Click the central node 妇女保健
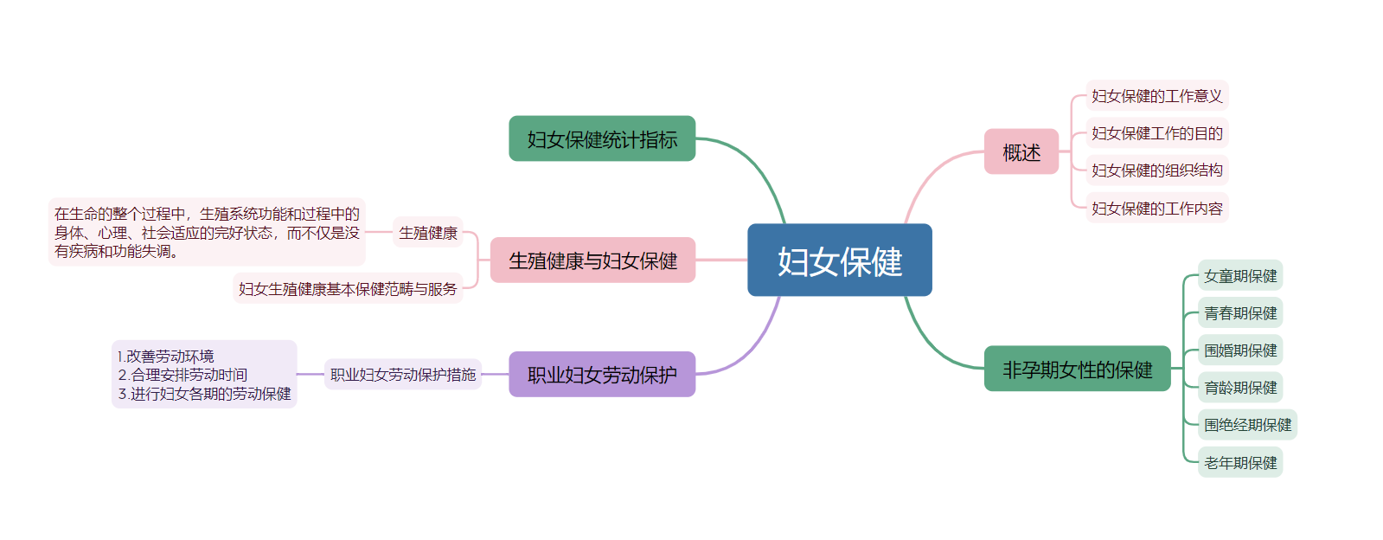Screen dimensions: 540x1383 point(839,260)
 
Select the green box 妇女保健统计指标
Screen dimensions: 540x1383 point(602,139)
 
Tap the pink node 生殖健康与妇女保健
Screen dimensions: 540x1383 point(592,260)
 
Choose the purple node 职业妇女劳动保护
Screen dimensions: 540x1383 point(602,375)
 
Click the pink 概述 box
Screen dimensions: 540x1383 point(1021,152)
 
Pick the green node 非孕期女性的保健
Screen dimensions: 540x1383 point(1077,370)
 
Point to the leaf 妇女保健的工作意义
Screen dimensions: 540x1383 point(1156,96)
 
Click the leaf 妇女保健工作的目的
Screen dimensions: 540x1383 point(1156,133)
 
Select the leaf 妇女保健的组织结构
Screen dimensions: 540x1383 point(1156,170)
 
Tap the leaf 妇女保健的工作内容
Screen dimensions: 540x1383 point(1156,209)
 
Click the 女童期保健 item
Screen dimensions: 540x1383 point(1239,276)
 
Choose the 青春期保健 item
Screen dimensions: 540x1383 point(1239,313)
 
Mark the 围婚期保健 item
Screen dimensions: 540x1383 point(1239,350)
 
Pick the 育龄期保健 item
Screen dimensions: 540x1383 point(1239,388)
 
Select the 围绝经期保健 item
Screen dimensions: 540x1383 point(1247,425)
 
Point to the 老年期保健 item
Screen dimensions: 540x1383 point(1239,463)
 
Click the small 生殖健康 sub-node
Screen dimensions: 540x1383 point(428,233)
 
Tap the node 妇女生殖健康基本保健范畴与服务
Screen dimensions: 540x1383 point(348,289)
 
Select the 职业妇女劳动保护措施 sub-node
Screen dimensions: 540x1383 point(403,375)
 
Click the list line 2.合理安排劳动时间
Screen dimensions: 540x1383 point(183,375)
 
